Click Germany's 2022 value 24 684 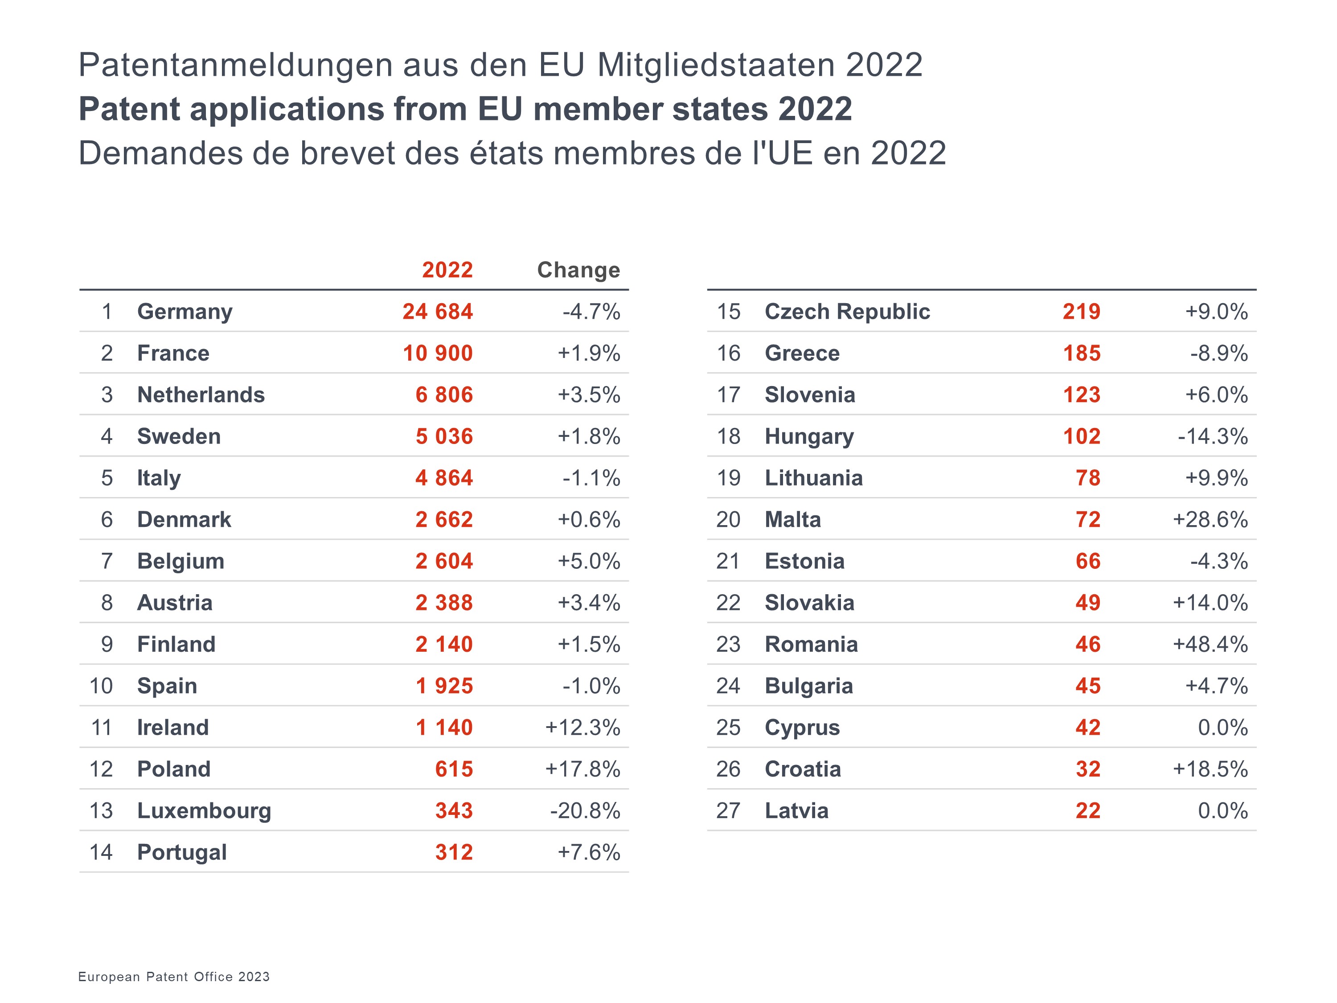coord(438,311)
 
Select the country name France coord(173,353)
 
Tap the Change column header coord(578,270)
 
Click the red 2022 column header coord(447,270)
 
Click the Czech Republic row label coord(847,311)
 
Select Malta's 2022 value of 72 coord(1087,519)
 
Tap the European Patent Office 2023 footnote coord(174,976)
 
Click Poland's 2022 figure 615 coord(454,769)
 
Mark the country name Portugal coord(182,852)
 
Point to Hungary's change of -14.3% coord(1213,436)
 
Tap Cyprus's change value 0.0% coord(1223,728)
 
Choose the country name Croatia coord(803,769)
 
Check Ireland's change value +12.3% coord(582,728)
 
